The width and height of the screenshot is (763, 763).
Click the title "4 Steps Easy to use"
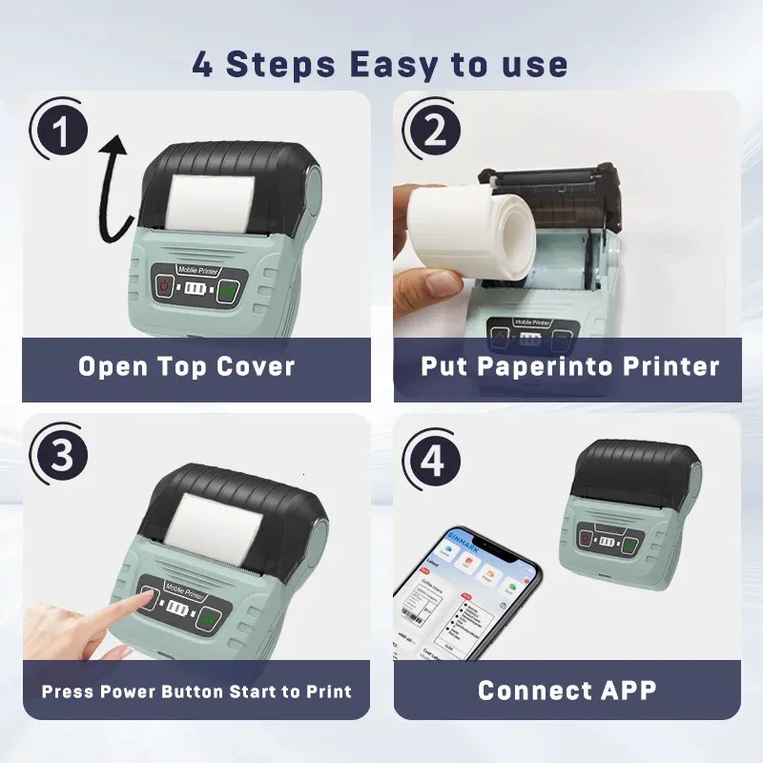tap(380, 65)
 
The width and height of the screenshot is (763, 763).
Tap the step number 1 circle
tap(62, 133)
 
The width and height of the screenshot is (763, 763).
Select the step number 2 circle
tap(434, 133)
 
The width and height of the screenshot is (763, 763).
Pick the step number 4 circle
tap(434, 461)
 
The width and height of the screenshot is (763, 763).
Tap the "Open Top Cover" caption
tap(187, 367)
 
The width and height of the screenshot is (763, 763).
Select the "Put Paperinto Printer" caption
tap(569, 367)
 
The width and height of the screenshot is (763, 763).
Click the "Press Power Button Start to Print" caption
tap(196, 691)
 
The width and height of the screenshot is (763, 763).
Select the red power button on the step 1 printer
tap(163, 285)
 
